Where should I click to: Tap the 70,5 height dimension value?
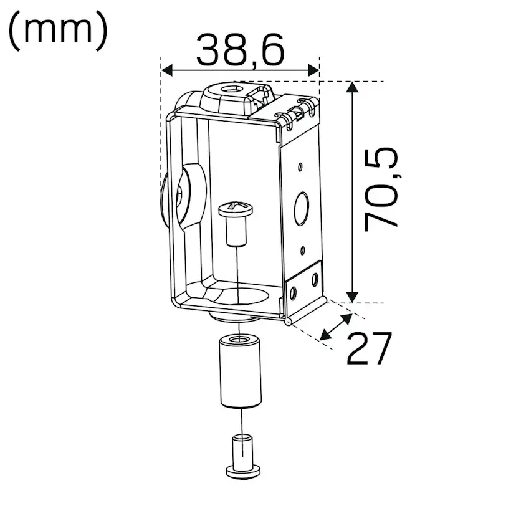tap(381, 189)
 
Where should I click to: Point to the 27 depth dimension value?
tap(368, 348)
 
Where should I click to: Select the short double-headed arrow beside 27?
tap(334, 328)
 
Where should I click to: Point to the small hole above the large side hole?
tap(300, 166)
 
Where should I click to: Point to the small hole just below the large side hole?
tap(302, 251)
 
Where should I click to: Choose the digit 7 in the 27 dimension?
tap(380, 348)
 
